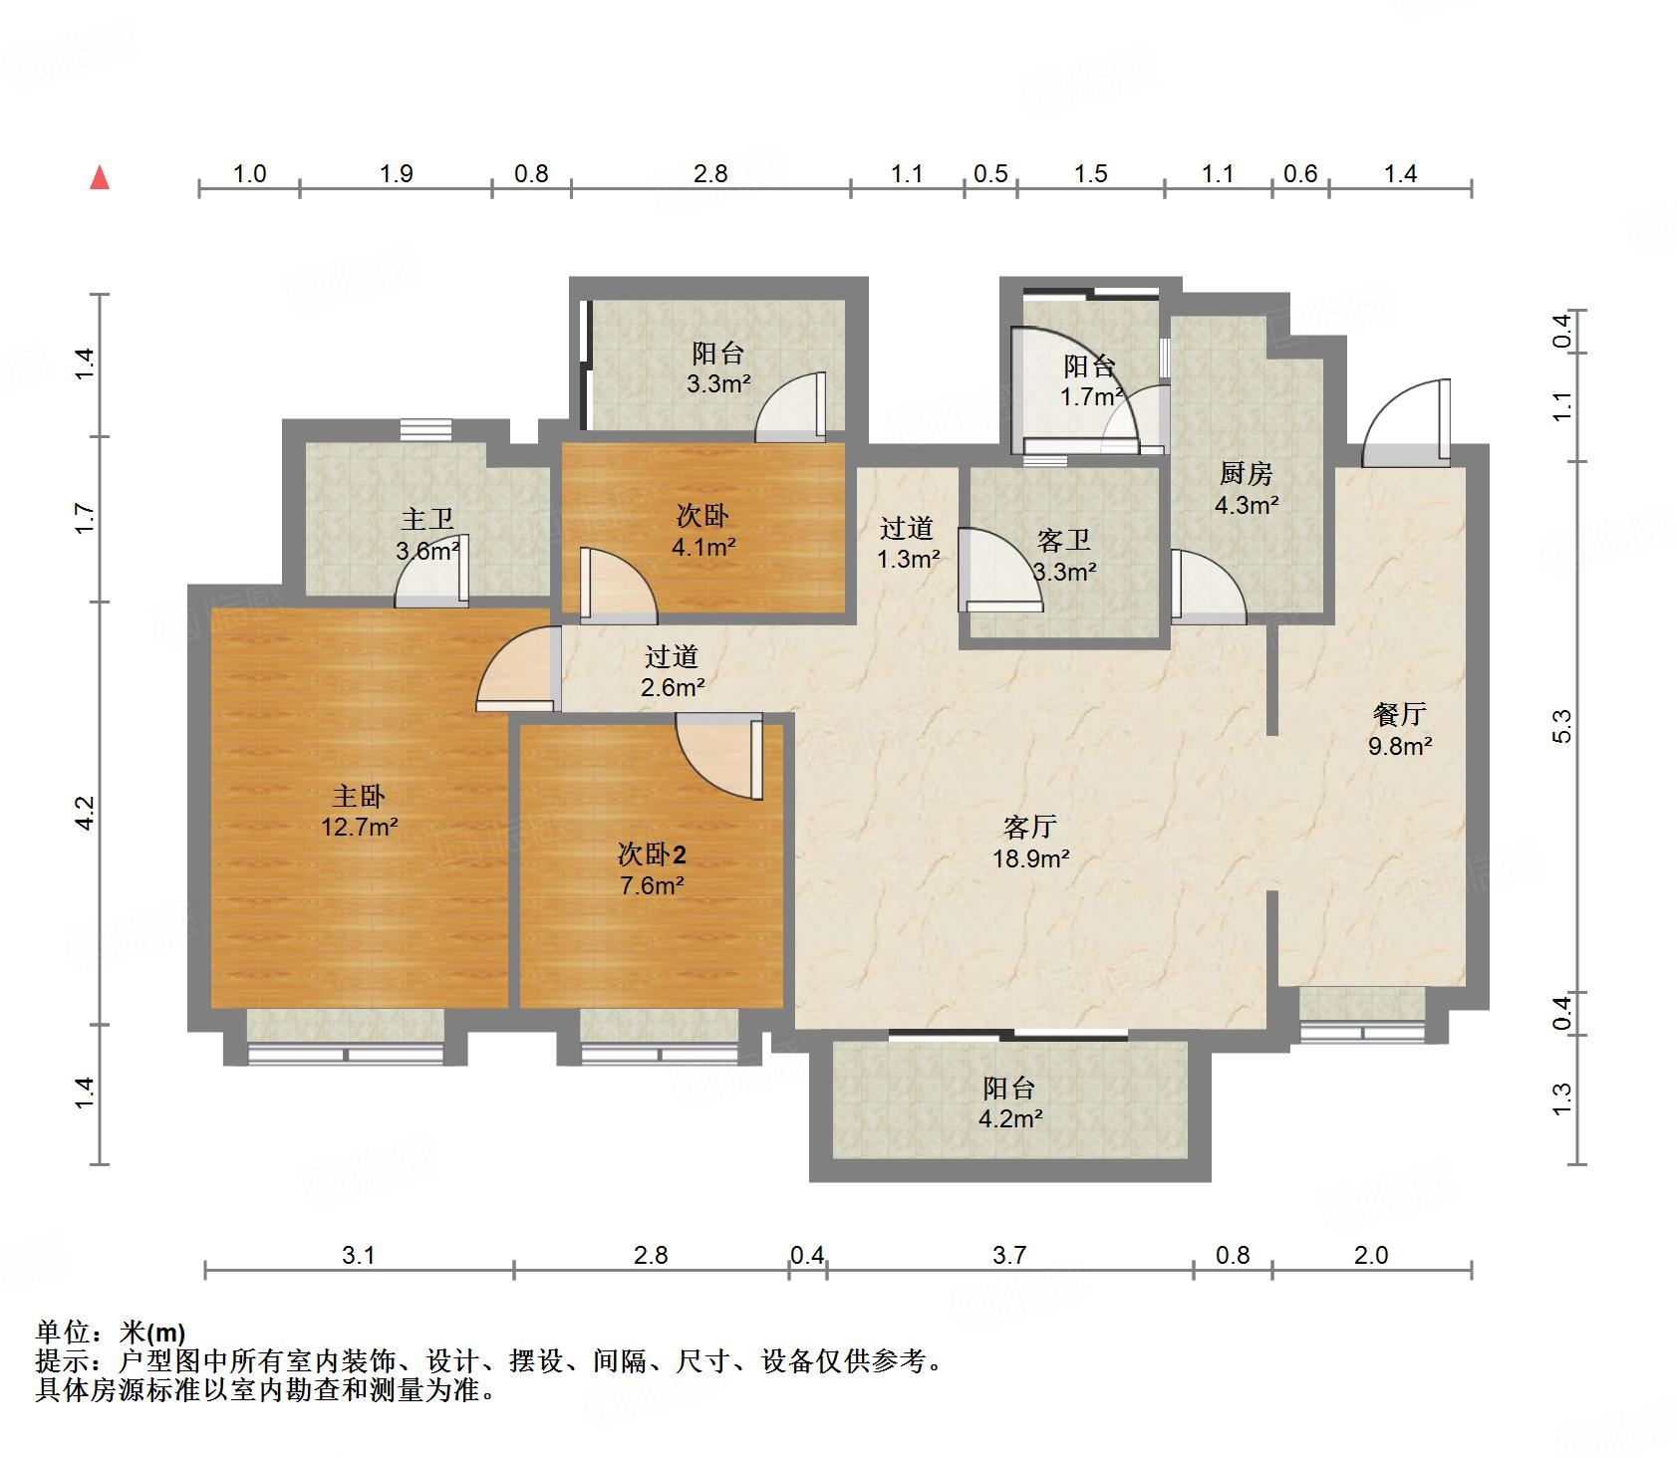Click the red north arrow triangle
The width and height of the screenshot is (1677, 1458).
pos(100,178)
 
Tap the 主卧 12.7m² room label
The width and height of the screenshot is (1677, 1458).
pos(359,811)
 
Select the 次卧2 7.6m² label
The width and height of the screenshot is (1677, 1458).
pos(652,869)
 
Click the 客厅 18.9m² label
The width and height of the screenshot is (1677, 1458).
pos(1030,843)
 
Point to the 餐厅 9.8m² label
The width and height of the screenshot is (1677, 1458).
pos(1399,729)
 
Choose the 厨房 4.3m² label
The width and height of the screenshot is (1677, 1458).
pos(1246,488)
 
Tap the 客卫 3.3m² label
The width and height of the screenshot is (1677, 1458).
pos(1063,556)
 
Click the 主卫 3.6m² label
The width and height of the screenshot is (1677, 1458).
pos(427,534)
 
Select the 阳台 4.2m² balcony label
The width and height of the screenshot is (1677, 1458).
pos(1009,1102)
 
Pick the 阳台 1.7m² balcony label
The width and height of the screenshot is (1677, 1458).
pos(1089,381)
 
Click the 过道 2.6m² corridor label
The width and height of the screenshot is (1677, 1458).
pos(672,671)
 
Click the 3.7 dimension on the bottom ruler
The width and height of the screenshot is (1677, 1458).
pos(1009,1255)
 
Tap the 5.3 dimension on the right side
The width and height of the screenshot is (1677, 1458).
pos(1561,725)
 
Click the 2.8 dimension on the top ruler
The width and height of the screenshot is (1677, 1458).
pos(710,173)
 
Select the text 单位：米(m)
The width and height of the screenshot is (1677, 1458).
pos(111,1332)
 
